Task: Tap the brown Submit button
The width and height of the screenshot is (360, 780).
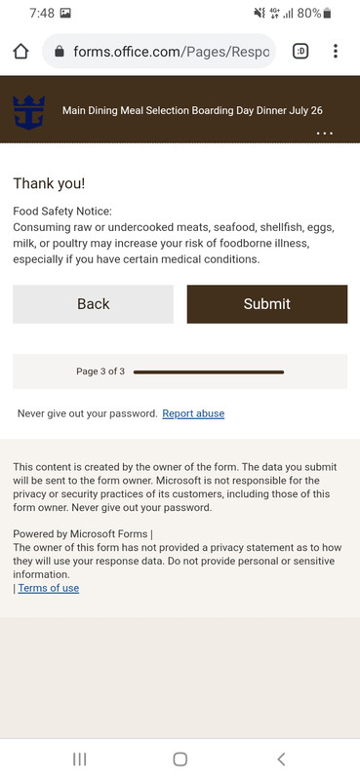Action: click(x=266, y=304)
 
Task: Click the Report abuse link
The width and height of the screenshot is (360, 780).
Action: click(x=193, y=413)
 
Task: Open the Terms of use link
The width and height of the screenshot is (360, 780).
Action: click(x=49, y=588)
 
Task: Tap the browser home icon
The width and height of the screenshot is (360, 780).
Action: click(x=20, y=52)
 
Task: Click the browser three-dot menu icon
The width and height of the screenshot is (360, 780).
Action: click(x=336, y=52)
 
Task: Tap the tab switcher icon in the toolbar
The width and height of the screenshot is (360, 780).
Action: click(x=300, y=52)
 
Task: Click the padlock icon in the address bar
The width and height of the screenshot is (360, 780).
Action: click(x=60, y=52)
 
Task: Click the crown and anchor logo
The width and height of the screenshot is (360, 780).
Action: click(x=28, y=110)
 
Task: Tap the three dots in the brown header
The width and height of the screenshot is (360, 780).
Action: click(x=325, y=134)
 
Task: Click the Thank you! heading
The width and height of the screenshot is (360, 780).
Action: click(x=49, y=183)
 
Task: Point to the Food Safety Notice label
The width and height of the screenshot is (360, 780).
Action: click(x=62, y=211)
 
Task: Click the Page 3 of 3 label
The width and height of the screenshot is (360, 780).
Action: click(x=100, y=371)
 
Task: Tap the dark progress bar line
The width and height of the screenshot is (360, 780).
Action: click(x=209, y=371)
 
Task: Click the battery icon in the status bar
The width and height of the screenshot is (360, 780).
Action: click(x=328, y=14)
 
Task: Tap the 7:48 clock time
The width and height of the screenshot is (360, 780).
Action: click(x=42, y=14)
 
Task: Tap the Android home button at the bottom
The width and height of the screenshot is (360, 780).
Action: click(x=180, y=759)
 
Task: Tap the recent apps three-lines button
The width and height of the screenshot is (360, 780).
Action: click(x=80, y=759)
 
